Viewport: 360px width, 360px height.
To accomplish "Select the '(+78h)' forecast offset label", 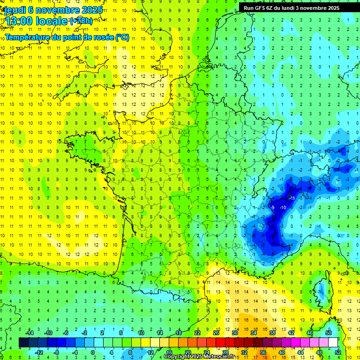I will click(81, 21).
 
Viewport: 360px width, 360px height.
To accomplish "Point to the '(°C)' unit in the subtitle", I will click(122, 37).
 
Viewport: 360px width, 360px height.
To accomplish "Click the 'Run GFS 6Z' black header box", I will click(297, 7).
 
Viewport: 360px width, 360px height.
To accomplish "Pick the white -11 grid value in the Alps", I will click(292, 198).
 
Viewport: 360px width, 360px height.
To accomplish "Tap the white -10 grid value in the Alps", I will click(283, 207).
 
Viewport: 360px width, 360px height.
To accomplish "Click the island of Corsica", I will click(322, 291).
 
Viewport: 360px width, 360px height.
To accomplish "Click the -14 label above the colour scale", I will click(30, 333).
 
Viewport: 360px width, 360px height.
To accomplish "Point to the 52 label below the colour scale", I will click(338, 352).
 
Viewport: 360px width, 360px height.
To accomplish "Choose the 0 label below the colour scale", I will click(93, 352).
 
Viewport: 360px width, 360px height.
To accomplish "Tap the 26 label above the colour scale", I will click(216, 333).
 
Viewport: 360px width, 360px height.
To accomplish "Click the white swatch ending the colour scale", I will click(333, 342).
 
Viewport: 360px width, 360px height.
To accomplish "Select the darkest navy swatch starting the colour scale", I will click(23, 342).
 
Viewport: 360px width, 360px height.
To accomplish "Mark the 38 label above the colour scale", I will click(272, 333).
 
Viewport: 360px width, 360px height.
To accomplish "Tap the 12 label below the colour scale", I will click(150, 352).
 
